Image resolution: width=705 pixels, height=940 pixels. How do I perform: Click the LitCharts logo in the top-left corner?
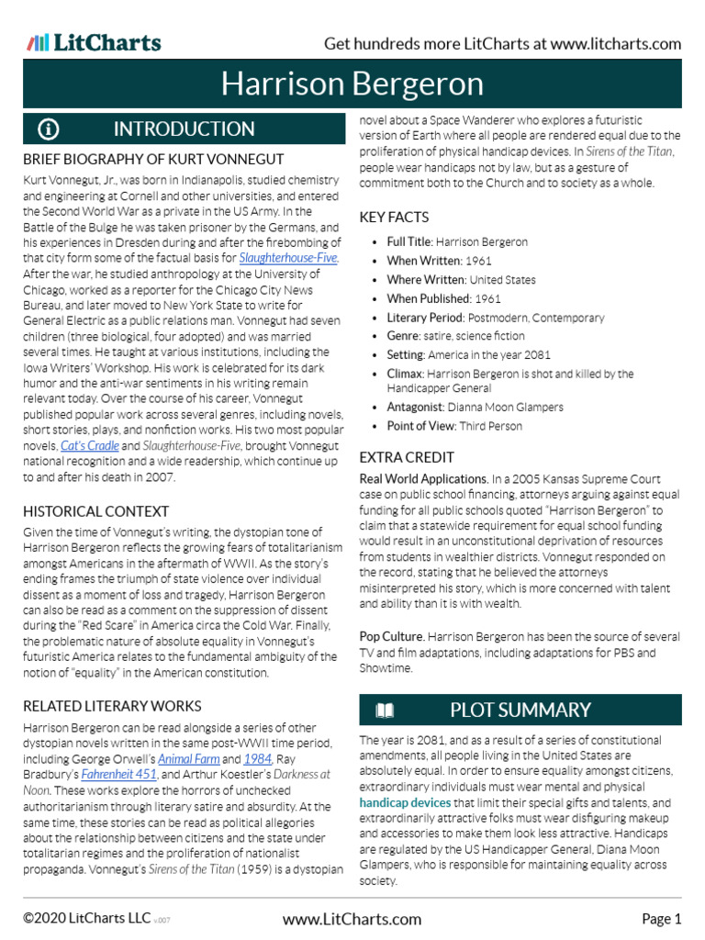pos(94,42)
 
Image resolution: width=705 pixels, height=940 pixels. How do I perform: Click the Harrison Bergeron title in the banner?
pos(352,84)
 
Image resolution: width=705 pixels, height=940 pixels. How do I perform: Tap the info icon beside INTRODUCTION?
pos(48,129)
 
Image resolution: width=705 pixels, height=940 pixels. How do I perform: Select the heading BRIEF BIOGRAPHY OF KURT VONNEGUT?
pos(153,159)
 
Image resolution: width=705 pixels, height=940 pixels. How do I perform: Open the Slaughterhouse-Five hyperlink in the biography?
pos(289,257)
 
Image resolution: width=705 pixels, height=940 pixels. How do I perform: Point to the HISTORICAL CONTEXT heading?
pos(95,511)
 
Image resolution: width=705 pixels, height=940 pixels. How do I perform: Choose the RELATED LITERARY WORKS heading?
pos(112,706)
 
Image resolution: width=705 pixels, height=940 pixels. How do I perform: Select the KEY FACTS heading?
pos(394,218)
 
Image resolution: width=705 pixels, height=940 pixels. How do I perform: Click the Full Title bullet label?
pos(408,242)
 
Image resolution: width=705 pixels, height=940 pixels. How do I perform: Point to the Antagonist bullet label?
pos(416,407)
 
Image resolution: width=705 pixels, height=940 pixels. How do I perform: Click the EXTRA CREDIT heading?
pos(407,457)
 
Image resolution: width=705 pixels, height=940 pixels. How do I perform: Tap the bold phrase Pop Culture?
pos(392,636)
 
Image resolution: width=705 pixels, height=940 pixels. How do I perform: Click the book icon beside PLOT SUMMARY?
pos(384,710)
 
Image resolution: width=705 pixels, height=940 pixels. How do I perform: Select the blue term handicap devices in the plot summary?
pos(405,802)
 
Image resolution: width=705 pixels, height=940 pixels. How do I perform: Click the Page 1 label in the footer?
pos(661,919)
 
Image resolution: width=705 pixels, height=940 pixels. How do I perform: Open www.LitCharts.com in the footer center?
pos(352,919)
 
